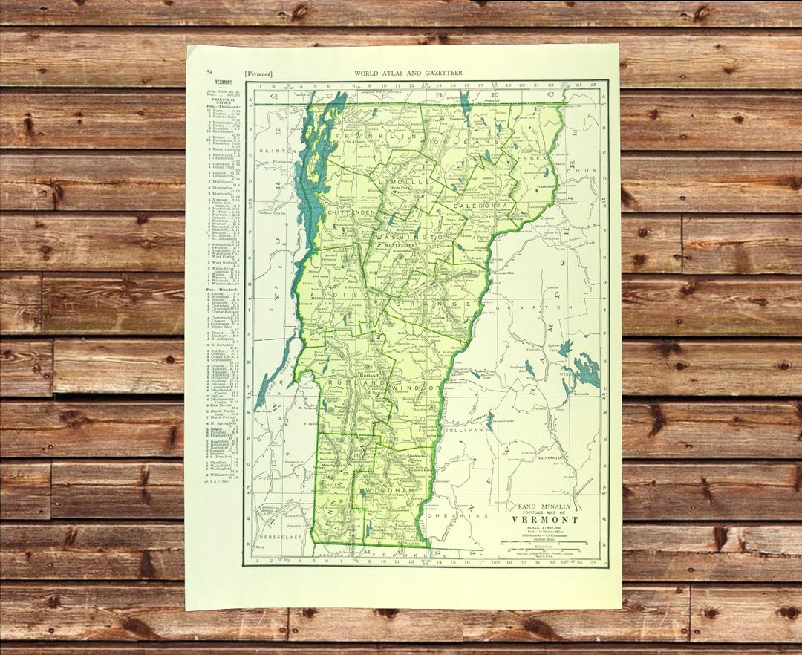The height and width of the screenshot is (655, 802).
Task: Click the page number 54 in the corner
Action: [x=209, y=72]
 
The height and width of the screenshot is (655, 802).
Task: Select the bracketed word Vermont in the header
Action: [x=258, y=74]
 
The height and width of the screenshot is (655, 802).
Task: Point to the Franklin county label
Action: [x=368, y=138]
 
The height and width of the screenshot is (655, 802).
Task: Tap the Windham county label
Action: [x=388, y=491]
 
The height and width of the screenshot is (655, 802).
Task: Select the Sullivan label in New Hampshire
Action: [x=463, y=429]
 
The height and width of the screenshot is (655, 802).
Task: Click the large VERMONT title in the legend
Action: [x=544, y=519]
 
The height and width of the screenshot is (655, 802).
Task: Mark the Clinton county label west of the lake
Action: [x=271, y=150]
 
